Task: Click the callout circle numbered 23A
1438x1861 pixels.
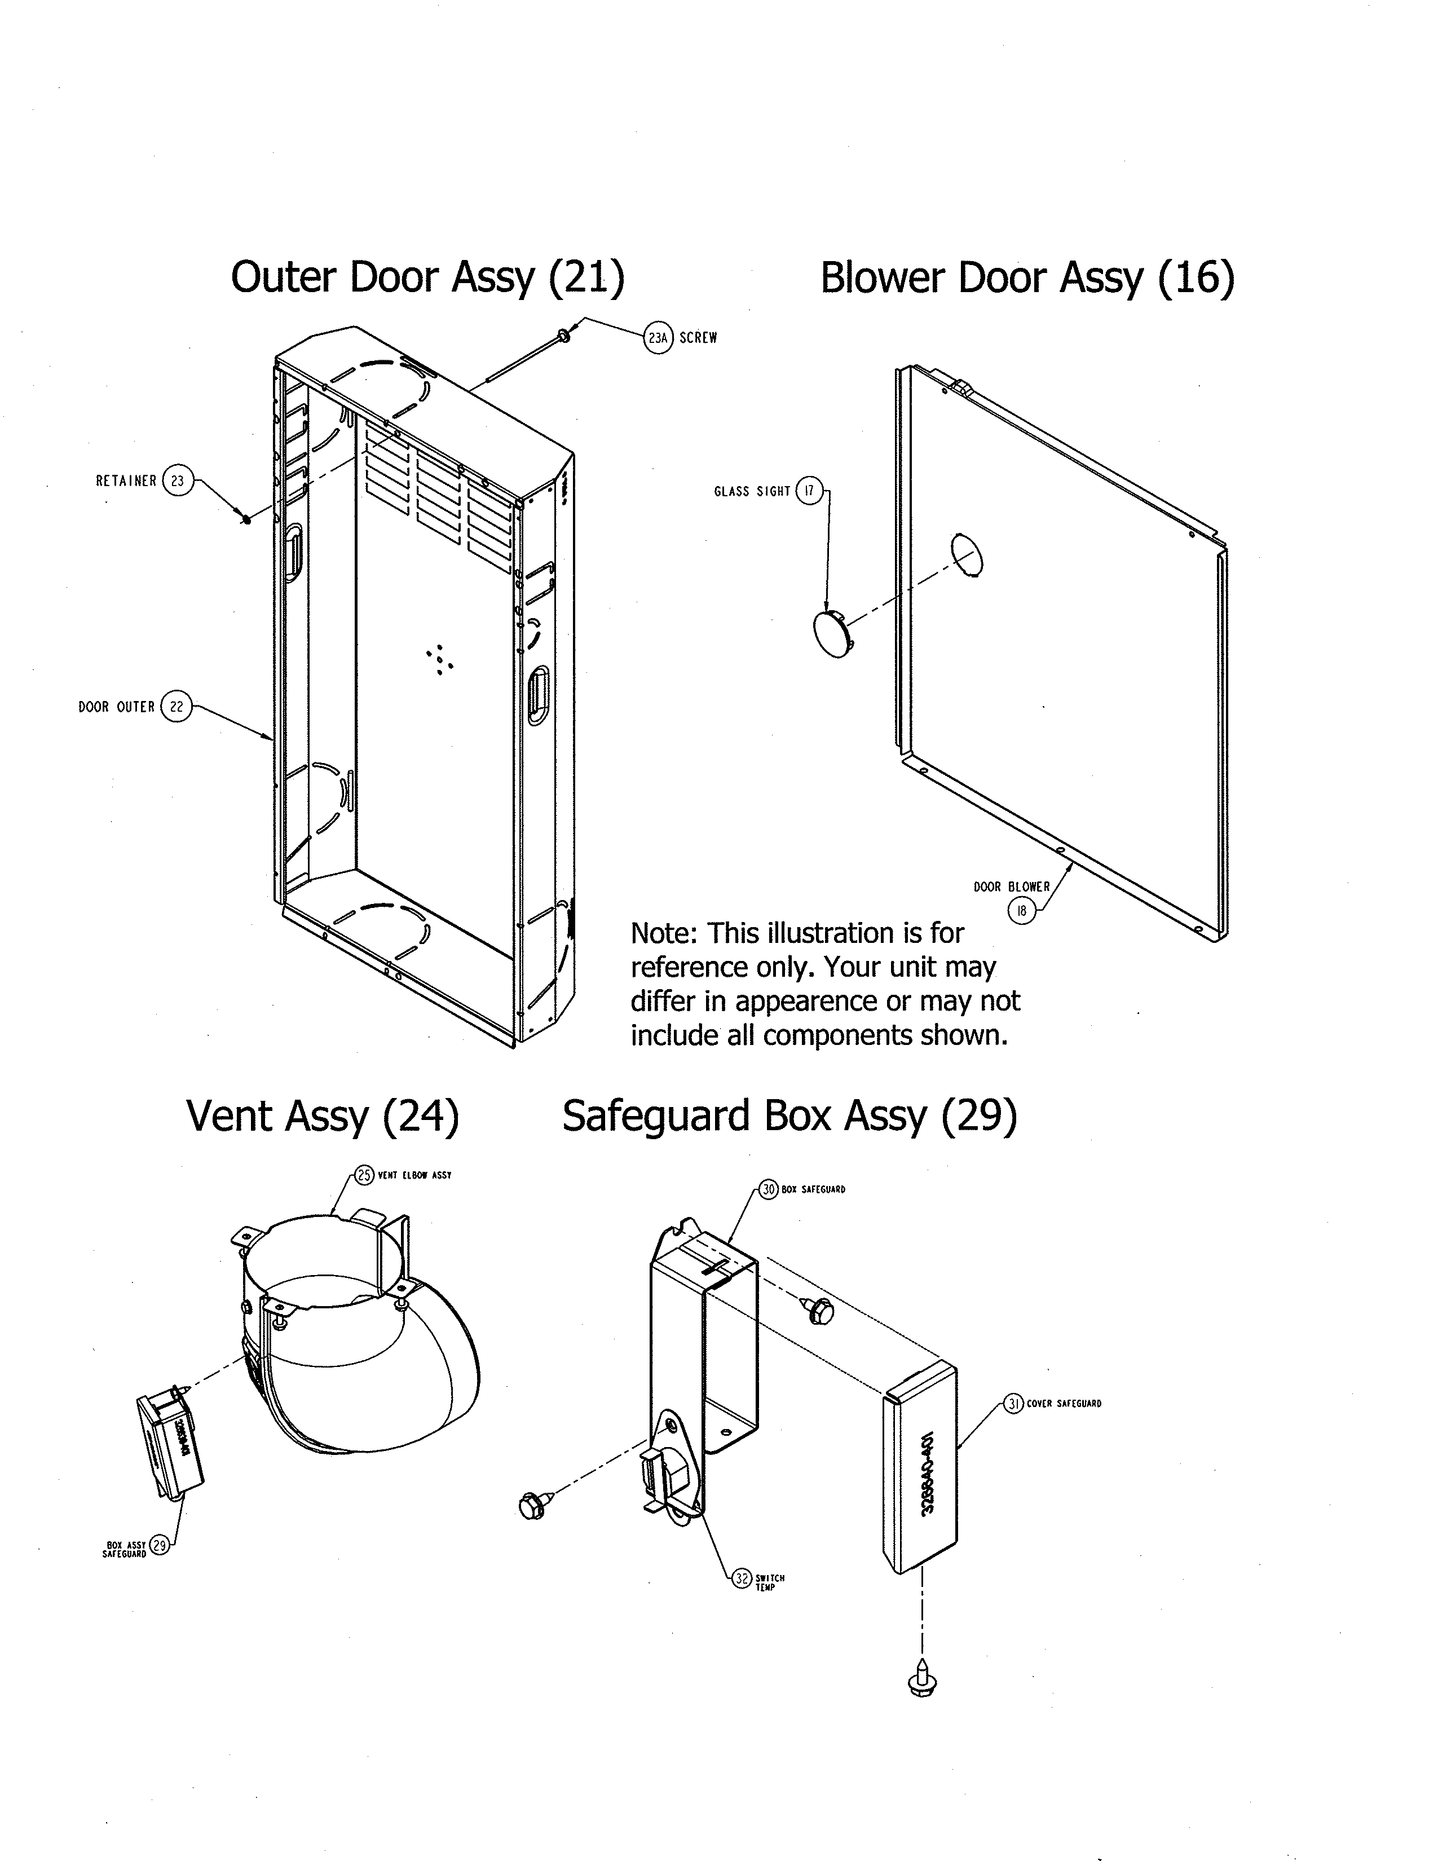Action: pos(658,338)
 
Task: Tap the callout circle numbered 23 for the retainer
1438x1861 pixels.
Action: pos(177,480)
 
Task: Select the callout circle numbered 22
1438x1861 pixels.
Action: pos(177,707)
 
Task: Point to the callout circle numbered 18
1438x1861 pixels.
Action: pos(1021,911)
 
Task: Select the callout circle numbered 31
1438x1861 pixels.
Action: pos(1012,1404)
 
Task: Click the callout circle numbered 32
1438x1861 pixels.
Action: pos(742,1578)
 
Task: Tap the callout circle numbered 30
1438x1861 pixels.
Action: pos(769,1189)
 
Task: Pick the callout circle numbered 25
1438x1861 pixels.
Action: pos(365,1175)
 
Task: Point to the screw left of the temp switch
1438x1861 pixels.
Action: pos(533,1506)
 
